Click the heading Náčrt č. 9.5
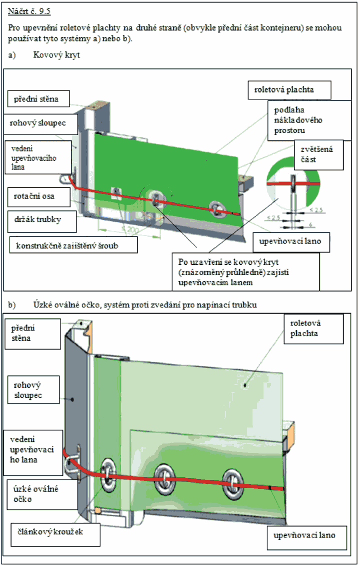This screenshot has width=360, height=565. pos(29,11)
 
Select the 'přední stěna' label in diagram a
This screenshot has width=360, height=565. pos(38,98)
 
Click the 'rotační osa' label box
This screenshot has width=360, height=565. pos(39,196)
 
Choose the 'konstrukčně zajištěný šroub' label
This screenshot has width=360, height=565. pos(73,244)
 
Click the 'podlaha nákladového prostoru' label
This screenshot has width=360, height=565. pos(309,120)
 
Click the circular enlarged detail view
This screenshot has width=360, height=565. pos(293,184)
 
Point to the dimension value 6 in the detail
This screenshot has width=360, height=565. pos(310,225)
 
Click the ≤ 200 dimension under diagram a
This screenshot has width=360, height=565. pos(130,229)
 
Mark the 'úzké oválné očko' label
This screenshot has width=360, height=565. pos(35,494)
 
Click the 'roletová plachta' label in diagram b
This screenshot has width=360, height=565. pos(313,328)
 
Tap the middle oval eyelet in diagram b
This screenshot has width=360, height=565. pos(164,479)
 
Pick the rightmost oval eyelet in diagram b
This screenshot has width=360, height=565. pos(232,484)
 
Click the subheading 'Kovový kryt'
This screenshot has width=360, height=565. pos(56,55)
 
